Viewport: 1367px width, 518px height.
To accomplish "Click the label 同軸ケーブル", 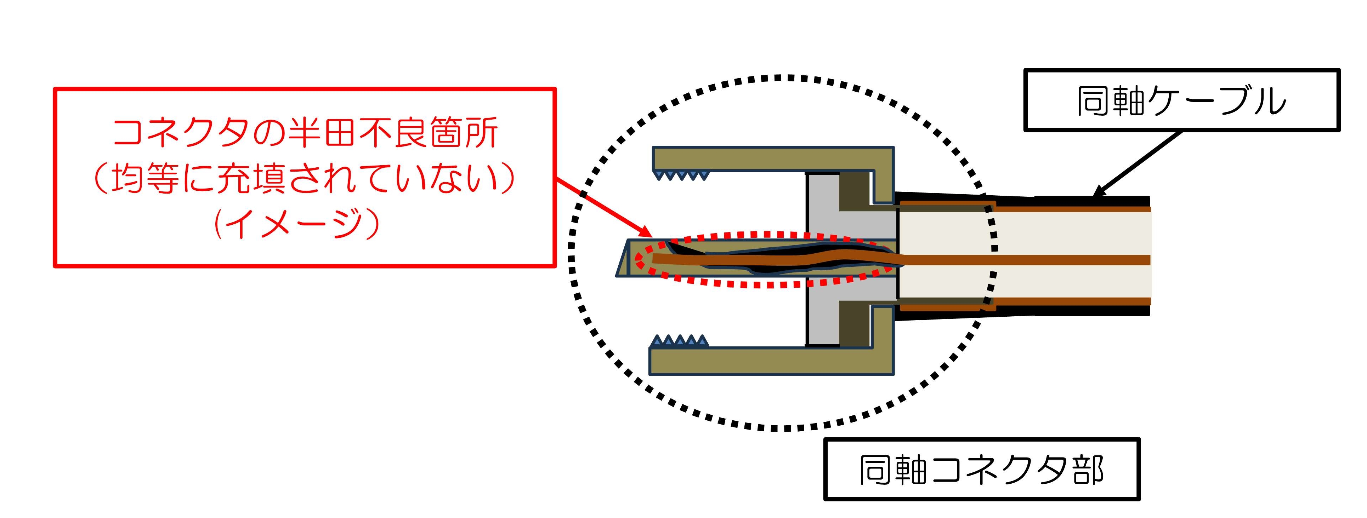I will pyautogui.click(x=1181, y=101).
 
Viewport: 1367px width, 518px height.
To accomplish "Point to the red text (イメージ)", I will pyautogui.click(x=297, y=224).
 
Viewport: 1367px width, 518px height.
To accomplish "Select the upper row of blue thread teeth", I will pyautogui.click(x=681, y=175).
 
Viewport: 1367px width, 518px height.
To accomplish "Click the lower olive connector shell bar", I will pyautogui.click(x=770, y=361).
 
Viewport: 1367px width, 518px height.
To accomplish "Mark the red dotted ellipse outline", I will pyautogui.click(x=770, y=285).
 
